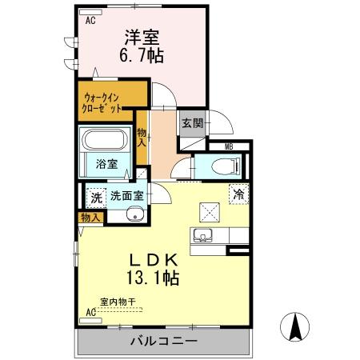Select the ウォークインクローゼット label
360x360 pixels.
[x=103, y=102]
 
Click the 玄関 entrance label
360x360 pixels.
[x=191, y=124]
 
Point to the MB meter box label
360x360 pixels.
[x=229, y=146]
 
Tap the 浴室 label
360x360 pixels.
[x=106, y=164]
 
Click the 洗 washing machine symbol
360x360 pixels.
[x=96, y=197]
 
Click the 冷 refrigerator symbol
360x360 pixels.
[x=238, y=194]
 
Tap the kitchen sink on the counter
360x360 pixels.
[x=202, y=236]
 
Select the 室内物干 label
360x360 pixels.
[x=118, y=302]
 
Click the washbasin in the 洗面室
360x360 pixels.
[x=134, y=214]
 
